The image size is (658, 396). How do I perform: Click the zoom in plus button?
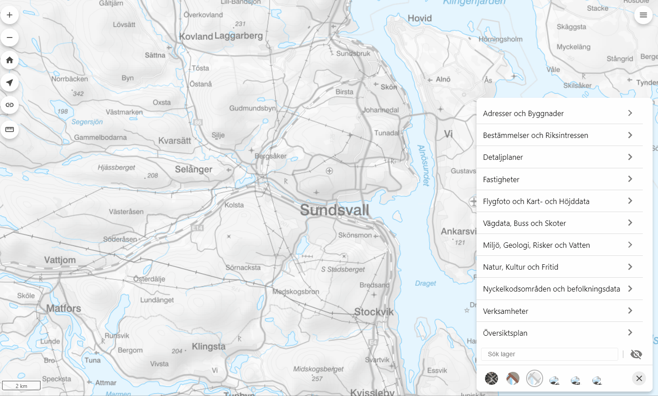pos(9,15)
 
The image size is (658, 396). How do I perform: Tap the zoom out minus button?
pos(9,38)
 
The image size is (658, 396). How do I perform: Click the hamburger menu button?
pos(643,15)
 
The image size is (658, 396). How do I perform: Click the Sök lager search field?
pos(549,354)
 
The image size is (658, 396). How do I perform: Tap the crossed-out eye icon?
pos(636,354)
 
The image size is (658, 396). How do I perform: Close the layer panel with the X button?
pos(639,379)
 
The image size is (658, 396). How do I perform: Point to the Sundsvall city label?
pos(334,210)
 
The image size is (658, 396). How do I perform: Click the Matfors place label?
pos(63,308)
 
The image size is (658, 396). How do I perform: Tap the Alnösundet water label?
pos(423,165)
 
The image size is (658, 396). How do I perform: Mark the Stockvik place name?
pos(374,312)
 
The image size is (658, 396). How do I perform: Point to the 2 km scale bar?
pos(21,386)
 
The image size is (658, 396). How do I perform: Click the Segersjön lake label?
pos(87,122)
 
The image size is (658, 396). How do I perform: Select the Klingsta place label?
pos(208,346)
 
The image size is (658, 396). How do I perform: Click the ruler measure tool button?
pos(9,129)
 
